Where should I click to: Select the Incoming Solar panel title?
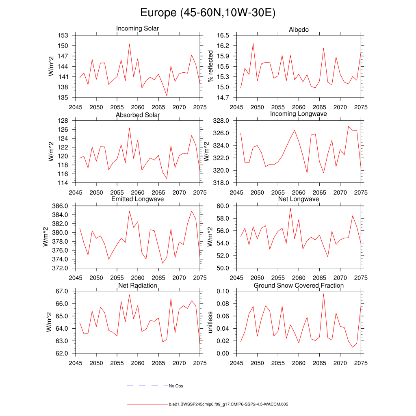[137, 28]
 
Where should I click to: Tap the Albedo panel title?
[299, 30]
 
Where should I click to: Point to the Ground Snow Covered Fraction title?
[299, 286]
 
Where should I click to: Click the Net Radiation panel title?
[137, 286]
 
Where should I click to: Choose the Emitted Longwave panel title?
[137, 199]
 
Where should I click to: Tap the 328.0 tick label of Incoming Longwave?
[221, 121]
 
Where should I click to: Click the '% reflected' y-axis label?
[210, 66]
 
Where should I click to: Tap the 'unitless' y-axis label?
[210, 322]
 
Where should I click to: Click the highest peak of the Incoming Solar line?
[129, 44]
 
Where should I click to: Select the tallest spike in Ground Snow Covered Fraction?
[323, 293]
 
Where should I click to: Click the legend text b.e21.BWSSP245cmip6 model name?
[228, 405]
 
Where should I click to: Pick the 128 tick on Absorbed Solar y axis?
[63, 121]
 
